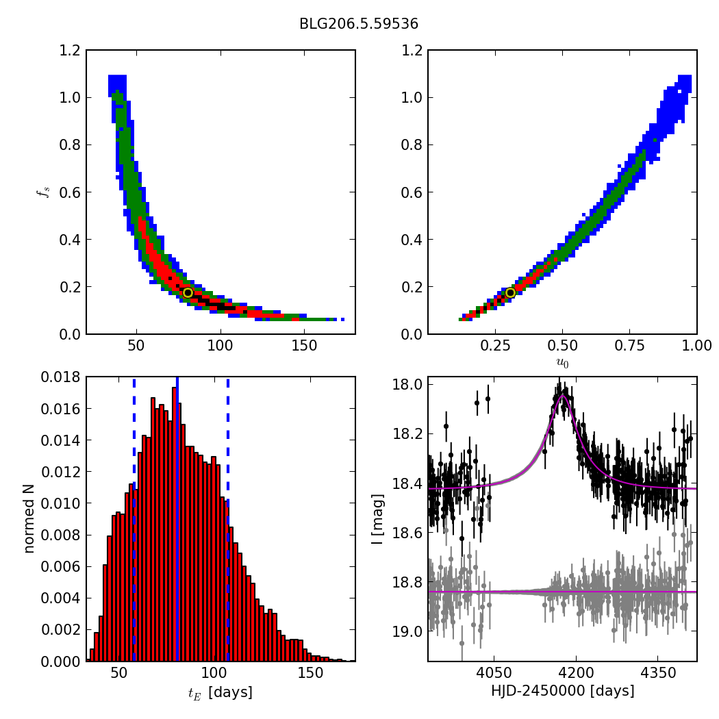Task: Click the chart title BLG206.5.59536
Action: tap(359, 24)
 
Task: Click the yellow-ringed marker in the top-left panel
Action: tap(188, 292)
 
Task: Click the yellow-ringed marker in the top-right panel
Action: tap(510, 292)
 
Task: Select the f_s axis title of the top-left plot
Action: tap(43, 192)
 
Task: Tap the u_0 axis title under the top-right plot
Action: tap(562, 362)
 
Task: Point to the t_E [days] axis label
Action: tap(220, 692)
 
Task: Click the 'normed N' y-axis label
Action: tap(29, 519)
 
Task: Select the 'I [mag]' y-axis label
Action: tap(376, 519)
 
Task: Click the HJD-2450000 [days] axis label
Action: tap(562, 691)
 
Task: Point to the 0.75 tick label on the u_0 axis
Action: tap(629, 346)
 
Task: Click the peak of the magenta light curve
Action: tap(562, 395)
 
